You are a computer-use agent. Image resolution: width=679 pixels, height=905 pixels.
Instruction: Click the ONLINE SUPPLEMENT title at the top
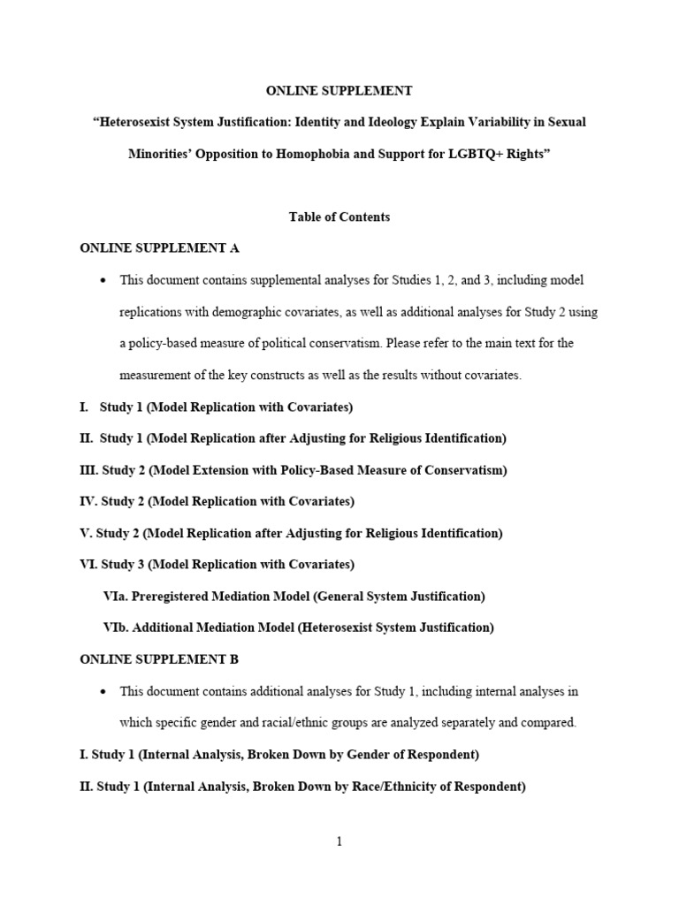click(339, 90)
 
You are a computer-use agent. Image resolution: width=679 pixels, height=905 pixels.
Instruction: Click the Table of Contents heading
click(339, 217)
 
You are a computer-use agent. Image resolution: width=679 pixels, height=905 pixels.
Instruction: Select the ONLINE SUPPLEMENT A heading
click(159, 248)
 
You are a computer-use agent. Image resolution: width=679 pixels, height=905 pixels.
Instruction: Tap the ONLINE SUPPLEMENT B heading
click(159, 659)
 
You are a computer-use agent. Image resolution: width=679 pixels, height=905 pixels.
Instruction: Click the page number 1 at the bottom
click(339, 841)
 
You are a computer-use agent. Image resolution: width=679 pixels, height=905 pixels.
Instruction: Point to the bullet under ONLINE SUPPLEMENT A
click(104, 281)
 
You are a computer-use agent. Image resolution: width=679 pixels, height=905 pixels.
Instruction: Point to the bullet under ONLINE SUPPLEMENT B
click(104, 692)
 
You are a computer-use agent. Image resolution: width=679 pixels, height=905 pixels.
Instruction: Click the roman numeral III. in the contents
click(88, 470)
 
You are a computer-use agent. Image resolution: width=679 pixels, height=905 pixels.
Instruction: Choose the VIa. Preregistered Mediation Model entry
click(294, 597)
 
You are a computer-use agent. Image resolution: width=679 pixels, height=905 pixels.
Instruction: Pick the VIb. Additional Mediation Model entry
click(298, 627)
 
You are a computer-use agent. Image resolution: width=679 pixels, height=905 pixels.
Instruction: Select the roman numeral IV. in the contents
click(89, 502)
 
